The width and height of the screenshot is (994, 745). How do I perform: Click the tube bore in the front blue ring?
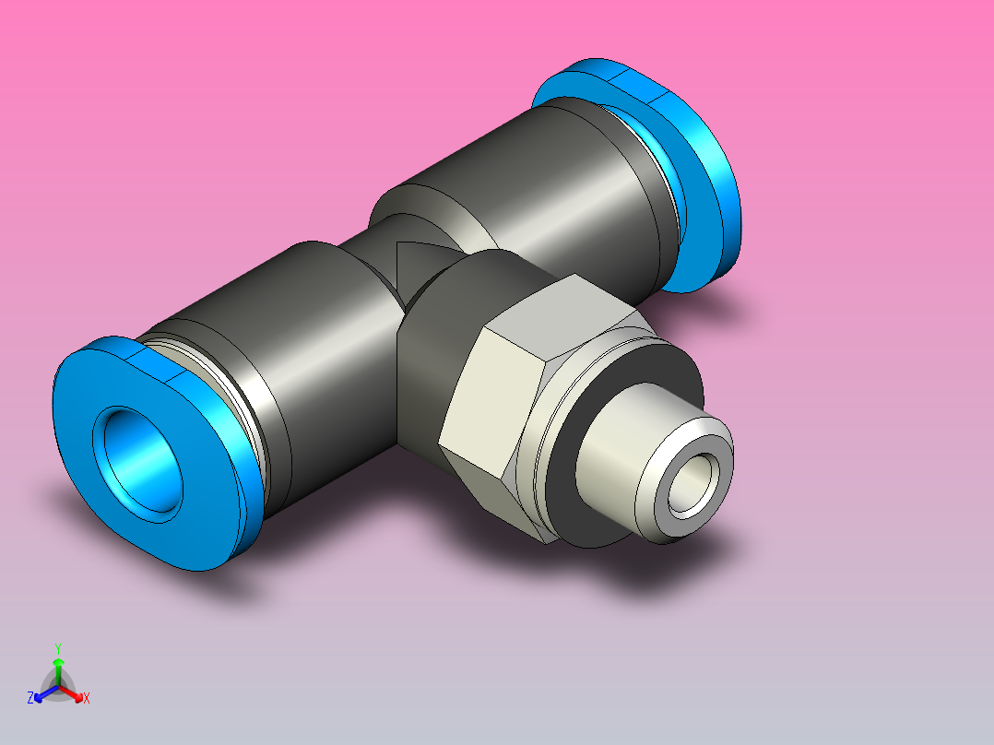point(141,458)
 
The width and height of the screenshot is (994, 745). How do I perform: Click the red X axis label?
point(86,699)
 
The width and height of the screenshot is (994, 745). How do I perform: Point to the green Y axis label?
point(58,648)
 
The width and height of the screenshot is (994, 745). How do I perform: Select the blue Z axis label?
point(30,699)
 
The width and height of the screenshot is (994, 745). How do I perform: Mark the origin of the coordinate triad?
point(58,687)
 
